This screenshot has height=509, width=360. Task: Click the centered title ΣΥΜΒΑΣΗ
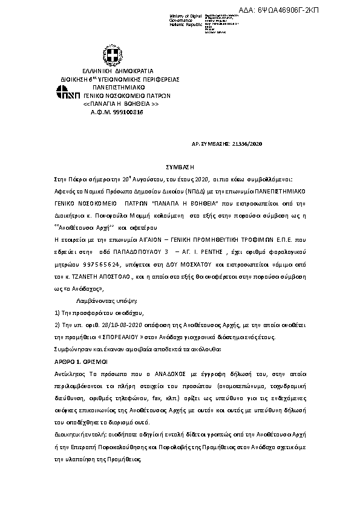180,166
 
